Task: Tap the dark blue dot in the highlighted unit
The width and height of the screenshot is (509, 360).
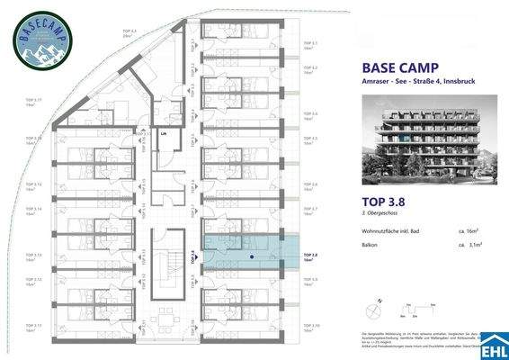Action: point(252,256)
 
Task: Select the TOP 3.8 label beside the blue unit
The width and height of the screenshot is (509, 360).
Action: point(311,256)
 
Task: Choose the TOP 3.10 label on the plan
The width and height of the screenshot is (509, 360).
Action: point(311,327)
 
